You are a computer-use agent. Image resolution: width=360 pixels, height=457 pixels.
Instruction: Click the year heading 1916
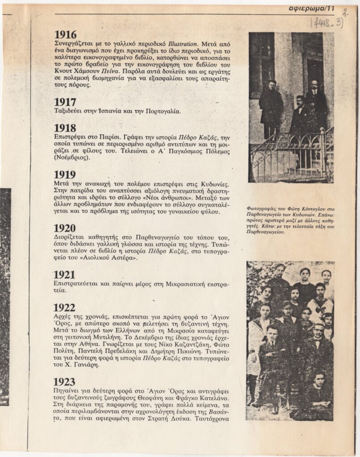65,35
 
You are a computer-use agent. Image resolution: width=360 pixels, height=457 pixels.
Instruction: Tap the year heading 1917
65,102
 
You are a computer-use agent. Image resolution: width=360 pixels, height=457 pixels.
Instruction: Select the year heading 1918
65,129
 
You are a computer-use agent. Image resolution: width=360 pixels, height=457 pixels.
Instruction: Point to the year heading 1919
65,174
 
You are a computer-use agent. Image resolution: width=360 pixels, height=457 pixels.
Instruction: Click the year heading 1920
65,228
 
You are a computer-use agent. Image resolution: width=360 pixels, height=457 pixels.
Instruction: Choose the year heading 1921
65,275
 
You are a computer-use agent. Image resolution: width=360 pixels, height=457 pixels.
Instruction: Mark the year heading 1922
65,307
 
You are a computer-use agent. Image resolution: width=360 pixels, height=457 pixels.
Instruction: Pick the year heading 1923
65,382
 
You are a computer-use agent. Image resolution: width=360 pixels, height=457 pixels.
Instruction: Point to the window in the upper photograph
261,58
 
